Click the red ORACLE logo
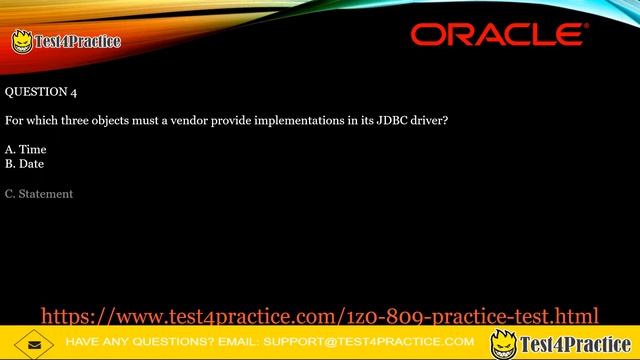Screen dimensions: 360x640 (499, 35)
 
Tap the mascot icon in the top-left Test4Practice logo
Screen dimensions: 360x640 (21, 41)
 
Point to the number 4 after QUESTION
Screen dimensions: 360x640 (73, 92)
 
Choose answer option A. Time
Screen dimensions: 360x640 (25, 149)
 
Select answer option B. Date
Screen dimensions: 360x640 (24, 163)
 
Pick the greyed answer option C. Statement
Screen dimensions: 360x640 (39, 194)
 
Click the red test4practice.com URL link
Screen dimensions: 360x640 (319, 317)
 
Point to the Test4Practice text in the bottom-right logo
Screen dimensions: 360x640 (577, 344)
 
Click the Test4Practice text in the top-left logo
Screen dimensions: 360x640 (77, 41)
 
